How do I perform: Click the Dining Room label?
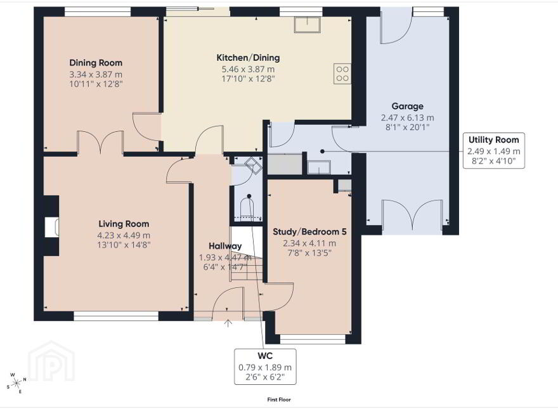click(96, 63)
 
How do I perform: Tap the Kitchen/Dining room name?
click(248, 58)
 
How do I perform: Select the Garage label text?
click(408, 106)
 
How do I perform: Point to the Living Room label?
click(124, 224)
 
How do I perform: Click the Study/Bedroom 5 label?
click(309, 231)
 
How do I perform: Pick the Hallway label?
click(225, 246)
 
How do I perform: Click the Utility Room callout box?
click(494, 150)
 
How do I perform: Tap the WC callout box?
click(265, 367)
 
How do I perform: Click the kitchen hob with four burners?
click(342, 74)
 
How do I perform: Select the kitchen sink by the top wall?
click(308, 25)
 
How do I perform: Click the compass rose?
click(16, 383)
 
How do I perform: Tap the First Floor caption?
click(279, 399)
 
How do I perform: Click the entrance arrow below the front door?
click(228, 323)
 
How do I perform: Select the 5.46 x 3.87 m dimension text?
click(248, 69)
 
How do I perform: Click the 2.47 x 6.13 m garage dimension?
click(408, 118)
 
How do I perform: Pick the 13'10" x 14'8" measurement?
click(124, 245)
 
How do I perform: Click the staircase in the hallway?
click(247, 254)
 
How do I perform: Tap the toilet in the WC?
click(249, 207)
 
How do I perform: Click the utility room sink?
click(319, 167)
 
